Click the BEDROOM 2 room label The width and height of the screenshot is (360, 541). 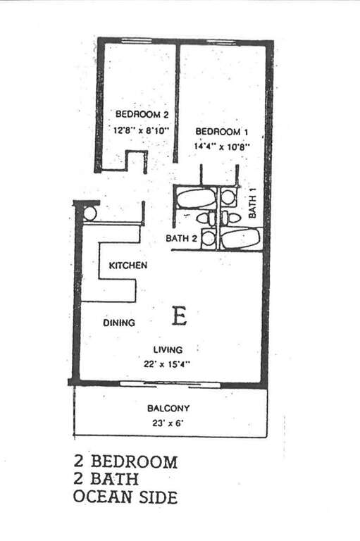coord(142,114)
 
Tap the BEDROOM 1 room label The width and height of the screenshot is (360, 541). coord(222,132)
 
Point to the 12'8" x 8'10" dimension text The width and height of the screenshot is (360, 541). coord(142,130)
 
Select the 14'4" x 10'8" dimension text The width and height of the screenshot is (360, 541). coord(222,147)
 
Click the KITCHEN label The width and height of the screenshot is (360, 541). coord(128,266)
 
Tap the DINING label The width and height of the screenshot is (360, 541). coord(119,323)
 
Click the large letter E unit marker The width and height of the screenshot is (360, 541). coord(180,316)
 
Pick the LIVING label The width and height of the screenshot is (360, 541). coord(168,349)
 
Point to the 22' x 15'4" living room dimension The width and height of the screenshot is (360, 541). coord(168,363)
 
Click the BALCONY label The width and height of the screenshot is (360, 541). coord(168,408)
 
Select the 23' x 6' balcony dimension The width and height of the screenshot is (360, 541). coord(168,423)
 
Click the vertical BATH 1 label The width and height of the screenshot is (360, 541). coord(253,206)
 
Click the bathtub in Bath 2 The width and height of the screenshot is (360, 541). coord(196,198)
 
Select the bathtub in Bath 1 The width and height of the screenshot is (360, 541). coord(240,238)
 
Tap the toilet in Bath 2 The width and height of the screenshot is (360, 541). coord(206,218)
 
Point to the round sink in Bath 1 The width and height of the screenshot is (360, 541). coord(228,197)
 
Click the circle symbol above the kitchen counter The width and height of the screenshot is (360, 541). coord(89,214)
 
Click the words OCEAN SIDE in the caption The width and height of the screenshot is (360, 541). coord(125,497)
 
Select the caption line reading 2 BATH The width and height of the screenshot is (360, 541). coord(106,479)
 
